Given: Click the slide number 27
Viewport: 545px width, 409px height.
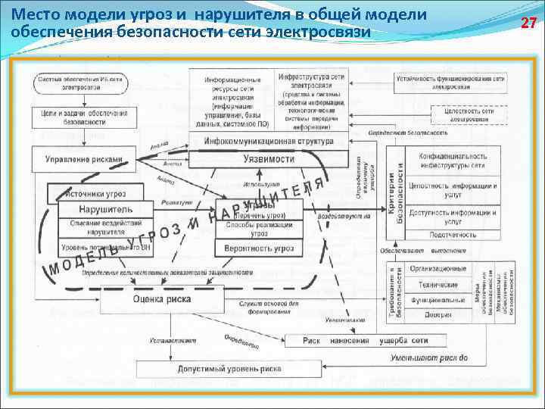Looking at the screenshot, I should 529,23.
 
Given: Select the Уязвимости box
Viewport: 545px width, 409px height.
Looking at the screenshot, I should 269,159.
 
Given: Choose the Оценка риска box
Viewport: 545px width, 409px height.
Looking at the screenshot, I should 161,299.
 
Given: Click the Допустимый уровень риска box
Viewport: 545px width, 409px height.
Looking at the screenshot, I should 228,369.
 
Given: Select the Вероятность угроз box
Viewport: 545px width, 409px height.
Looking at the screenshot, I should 259,248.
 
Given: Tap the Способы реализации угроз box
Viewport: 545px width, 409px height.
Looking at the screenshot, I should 259,229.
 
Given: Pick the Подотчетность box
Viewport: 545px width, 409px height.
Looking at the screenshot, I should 453,236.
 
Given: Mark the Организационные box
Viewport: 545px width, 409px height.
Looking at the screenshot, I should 438,269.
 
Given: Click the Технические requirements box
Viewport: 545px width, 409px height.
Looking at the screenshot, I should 438,285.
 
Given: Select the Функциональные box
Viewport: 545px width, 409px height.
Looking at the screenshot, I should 438,300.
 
